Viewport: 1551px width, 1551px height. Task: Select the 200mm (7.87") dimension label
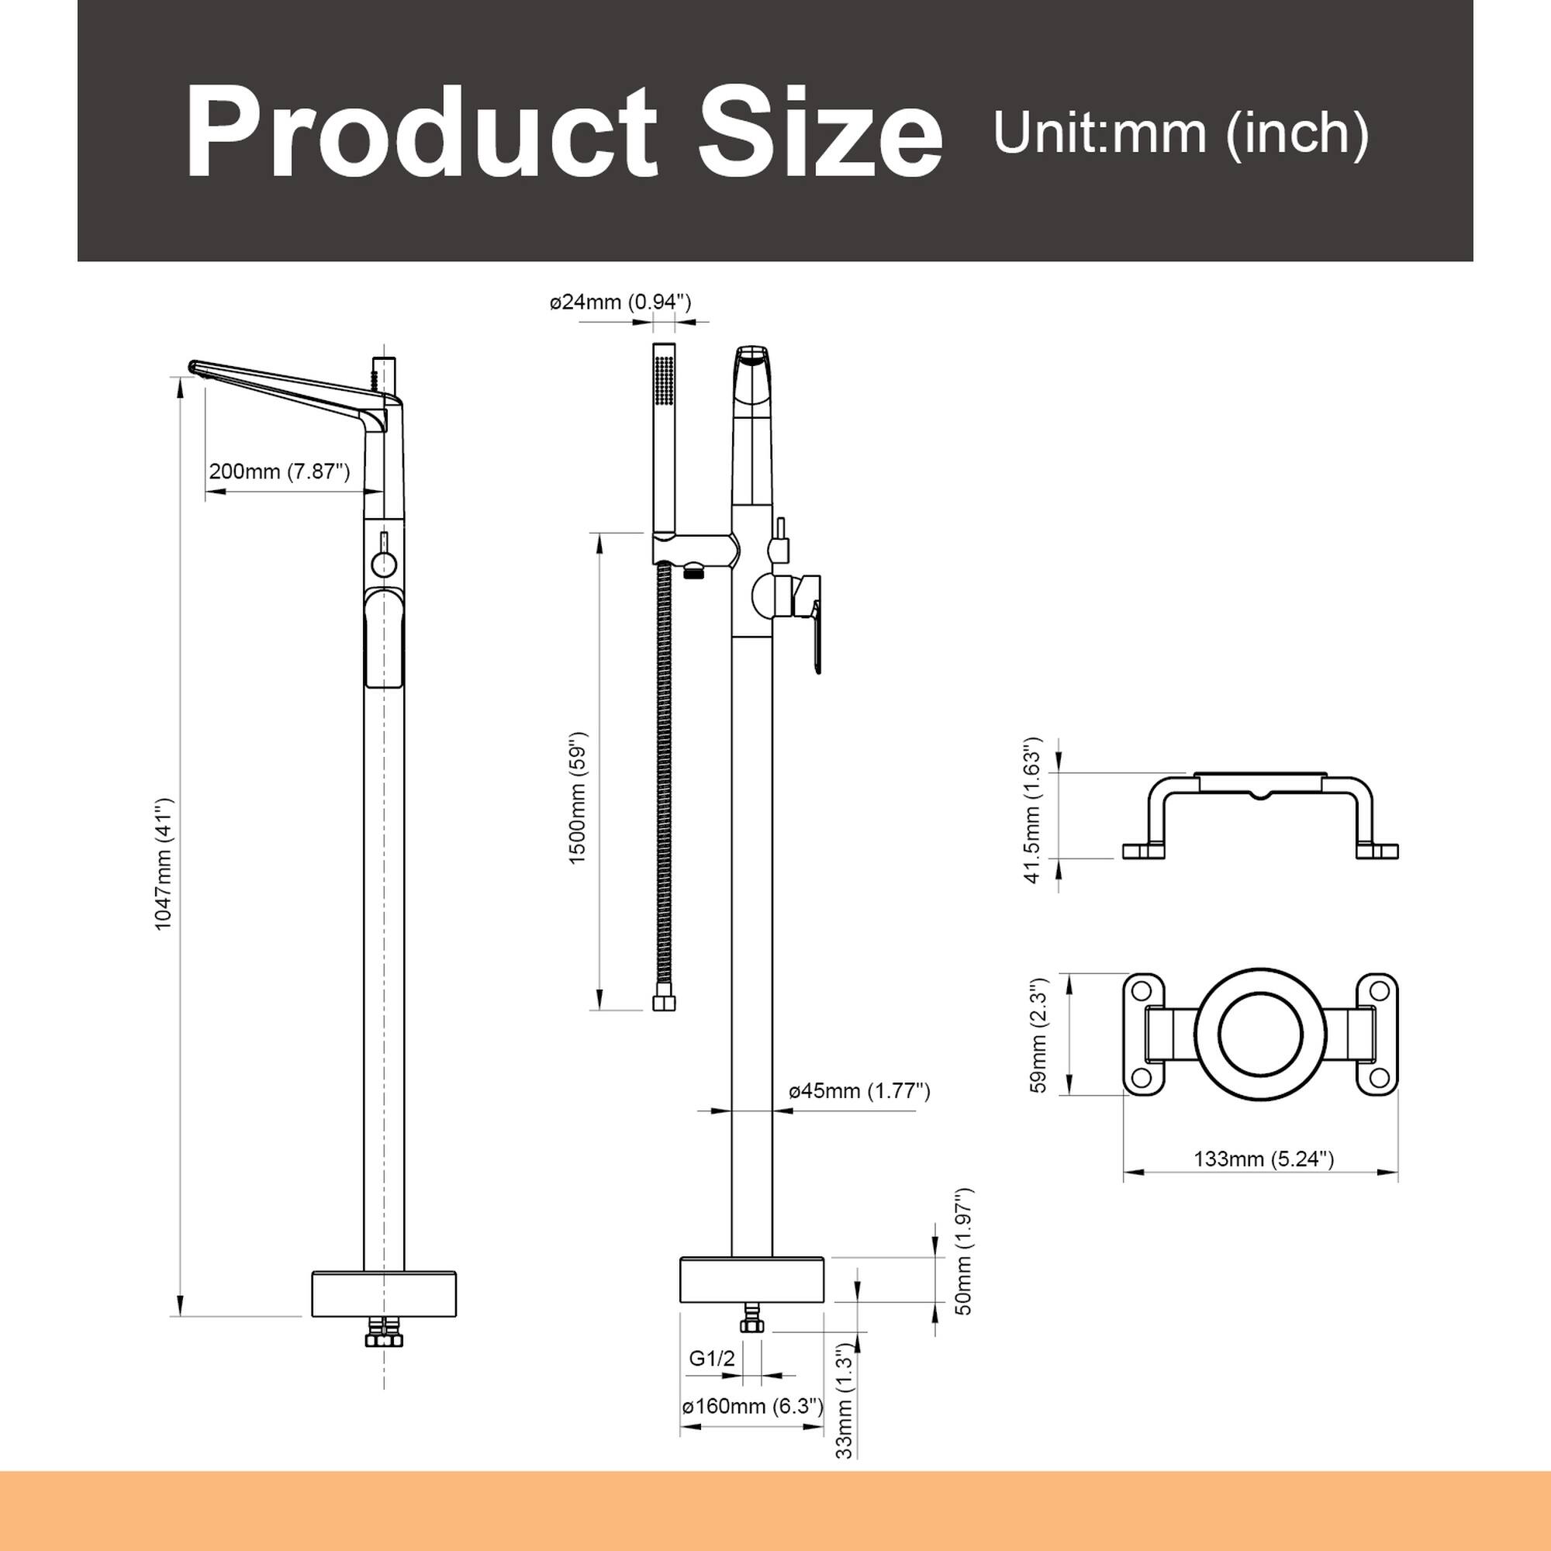[x=279, y=472]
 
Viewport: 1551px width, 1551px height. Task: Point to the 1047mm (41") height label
[x=164, y=864]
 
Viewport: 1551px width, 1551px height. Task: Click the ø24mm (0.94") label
[x=620, y=302]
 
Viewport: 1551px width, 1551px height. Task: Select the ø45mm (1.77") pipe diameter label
[x=859, y=1090]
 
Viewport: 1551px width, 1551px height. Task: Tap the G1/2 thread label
[x=712, y=1359]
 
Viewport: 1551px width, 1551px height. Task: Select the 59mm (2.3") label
[x=1039, y=1035]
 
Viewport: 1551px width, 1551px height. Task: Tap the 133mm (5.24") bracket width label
[x=1263, y=1159]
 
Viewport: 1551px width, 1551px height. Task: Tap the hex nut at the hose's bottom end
[x=664, y=1003]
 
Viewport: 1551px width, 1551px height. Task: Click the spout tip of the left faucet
[x=193, y=367]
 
